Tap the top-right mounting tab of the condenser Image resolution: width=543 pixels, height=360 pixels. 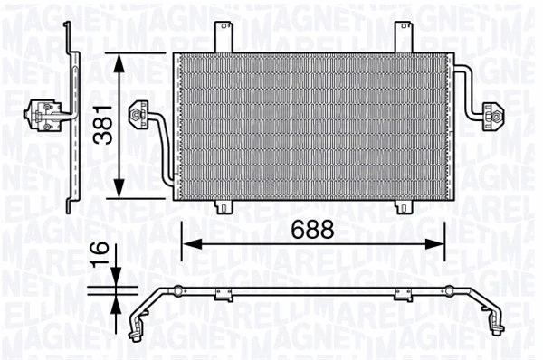click(x=402, y=35)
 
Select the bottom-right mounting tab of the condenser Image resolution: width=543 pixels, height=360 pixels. click(x=402, y=206)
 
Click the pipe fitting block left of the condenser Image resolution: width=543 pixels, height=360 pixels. click(x=139, y=115)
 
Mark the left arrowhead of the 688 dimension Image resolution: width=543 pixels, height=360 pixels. click(x=187, y=242)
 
